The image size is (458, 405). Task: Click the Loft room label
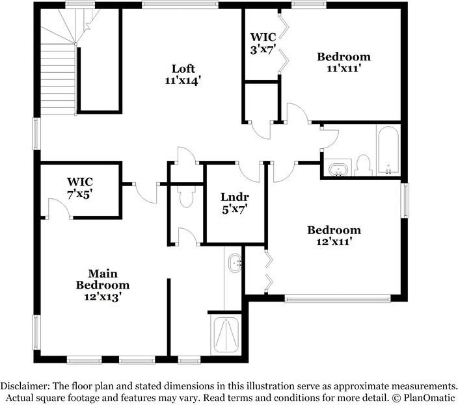click(183, 68)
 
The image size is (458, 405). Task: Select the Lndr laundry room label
click(234, 197)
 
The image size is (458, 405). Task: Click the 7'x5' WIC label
click(79, 187)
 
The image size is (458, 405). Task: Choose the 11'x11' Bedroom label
click(343, 61)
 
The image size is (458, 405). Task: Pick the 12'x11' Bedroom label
click(334, 235)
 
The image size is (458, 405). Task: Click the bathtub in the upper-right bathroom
click(388, 151)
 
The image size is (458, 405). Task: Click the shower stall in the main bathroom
click(225, 335)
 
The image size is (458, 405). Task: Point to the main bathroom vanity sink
click(235, 265)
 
